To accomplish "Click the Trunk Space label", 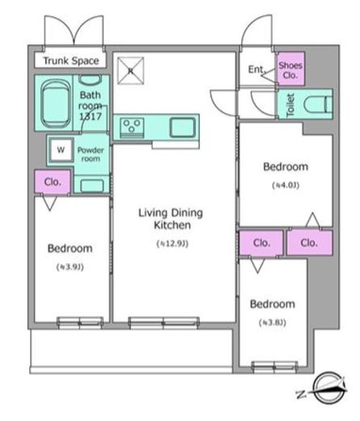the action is click(x=71, y=61).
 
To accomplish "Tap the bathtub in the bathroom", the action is click(x=55, y=104).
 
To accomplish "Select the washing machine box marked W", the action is click(x=61, y=150).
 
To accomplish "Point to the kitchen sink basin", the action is click(x=182, y=127).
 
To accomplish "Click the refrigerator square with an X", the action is click(x=130, y=70).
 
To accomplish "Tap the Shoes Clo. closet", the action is click(x=290, y=70).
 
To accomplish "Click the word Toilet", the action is click(x=290, y=105).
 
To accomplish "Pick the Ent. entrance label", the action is click(x=256, y=70).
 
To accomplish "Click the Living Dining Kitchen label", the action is click(x=171, y=219).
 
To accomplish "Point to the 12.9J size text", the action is click(x=172, y=244).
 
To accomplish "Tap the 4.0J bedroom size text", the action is click(x=286, y=185).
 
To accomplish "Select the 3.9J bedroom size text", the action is click(x=70, y=267).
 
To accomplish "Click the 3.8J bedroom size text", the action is click(x=273, y=322).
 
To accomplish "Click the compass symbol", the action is click(x=324, y=388).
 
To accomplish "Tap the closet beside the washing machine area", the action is click(x=53, y=181).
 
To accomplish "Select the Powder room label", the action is click(x=91, y=155).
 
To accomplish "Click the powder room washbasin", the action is click(x=91, y=185).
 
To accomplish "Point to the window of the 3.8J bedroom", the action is click(x=274, y=367).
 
